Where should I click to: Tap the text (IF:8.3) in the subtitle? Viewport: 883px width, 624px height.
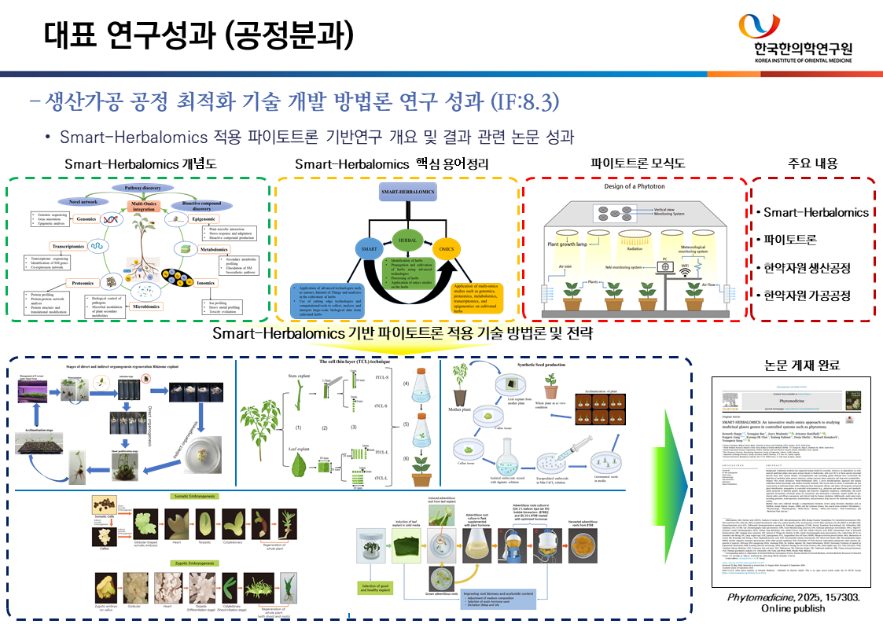click(524, 101)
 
